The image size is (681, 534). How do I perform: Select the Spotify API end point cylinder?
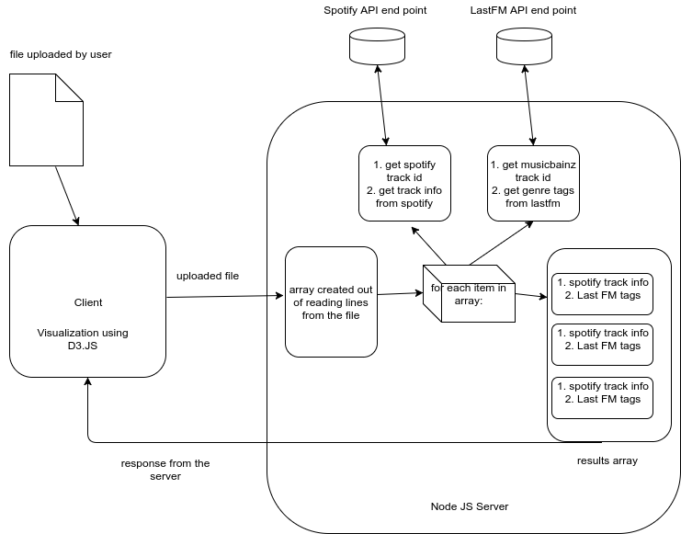coord(377,47)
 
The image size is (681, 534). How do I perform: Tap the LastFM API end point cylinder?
coord(523,47)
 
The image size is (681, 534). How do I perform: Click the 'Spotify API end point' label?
coord(376,10)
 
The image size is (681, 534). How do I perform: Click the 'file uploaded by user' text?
coord(61,54)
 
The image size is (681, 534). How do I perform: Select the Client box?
coord(87,301)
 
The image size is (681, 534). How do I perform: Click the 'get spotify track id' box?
coord(404,183)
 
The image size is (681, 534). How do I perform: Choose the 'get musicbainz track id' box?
coord(533,183)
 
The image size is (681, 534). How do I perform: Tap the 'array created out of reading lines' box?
coord(331,301)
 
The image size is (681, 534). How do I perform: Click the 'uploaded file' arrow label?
coord(207,276)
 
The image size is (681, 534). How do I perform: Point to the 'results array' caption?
coord(607,460)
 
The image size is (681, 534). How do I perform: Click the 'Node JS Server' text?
coord(469,506)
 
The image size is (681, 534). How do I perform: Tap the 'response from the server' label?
coord(165,470)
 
